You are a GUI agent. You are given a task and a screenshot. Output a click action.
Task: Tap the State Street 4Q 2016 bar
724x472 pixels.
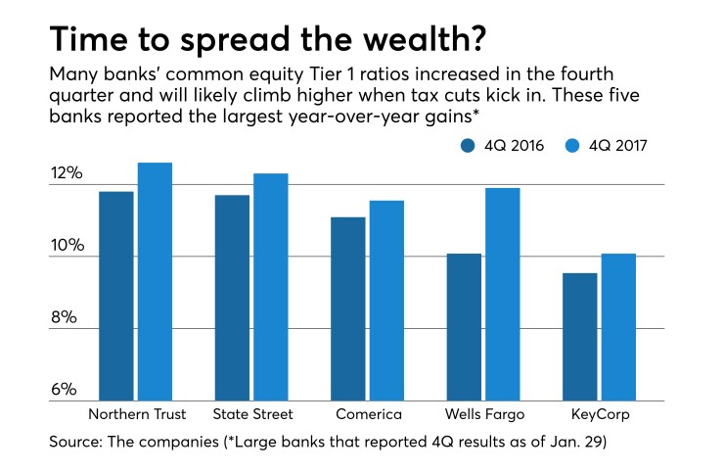click(232, 298)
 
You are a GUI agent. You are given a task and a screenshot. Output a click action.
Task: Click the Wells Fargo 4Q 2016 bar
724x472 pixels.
click(464, 327)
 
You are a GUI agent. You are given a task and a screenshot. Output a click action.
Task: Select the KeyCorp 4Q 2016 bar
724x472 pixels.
click(579, 337)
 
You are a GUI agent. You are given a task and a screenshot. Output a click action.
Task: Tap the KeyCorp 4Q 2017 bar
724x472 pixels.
click(617, 327)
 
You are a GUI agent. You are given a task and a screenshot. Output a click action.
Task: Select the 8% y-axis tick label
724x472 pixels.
click(65, 318)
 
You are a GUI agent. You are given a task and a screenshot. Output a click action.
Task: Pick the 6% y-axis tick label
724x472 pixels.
click(65, 390)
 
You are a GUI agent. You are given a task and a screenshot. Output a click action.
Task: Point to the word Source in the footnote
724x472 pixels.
click(73, 443)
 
